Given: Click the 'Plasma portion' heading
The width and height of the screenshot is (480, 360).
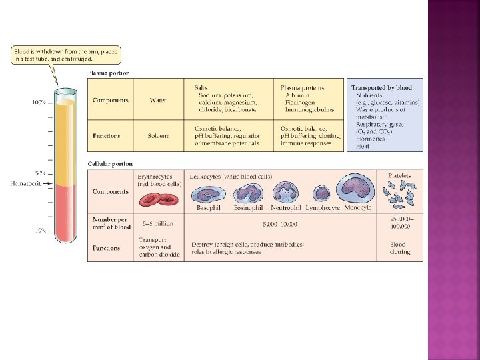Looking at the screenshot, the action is (109, 73).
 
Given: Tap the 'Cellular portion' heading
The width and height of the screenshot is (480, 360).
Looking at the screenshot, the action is (110, 163).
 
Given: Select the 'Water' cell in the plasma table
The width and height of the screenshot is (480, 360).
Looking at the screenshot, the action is (158, 100).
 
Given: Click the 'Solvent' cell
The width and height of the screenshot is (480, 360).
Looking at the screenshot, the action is (158, 136).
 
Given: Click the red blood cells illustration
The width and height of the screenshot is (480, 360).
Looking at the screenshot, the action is (159, 197).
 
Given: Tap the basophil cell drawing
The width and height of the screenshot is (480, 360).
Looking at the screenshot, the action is (205, 194).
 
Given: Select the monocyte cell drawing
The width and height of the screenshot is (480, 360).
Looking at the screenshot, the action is (358, 189).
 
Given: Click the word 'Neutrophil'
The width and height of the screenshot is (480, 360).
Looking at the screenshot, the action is (287, 208).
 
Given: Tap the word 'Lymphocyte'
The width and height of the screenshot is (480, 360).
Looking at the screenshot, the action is (323, 208).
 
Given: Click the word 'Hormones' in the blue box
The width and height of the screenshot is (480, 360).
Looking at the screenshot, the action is (370, 139).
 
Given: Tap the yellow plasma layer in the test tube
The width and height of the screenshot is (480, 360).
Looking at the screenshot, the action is (65, 140).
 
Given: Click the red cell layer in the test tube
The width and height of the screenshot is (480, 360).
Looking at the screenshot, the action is (65, 213).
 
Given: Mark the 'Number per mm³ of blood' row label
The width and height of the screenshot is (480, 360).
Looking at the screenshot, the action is (111, 223).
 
